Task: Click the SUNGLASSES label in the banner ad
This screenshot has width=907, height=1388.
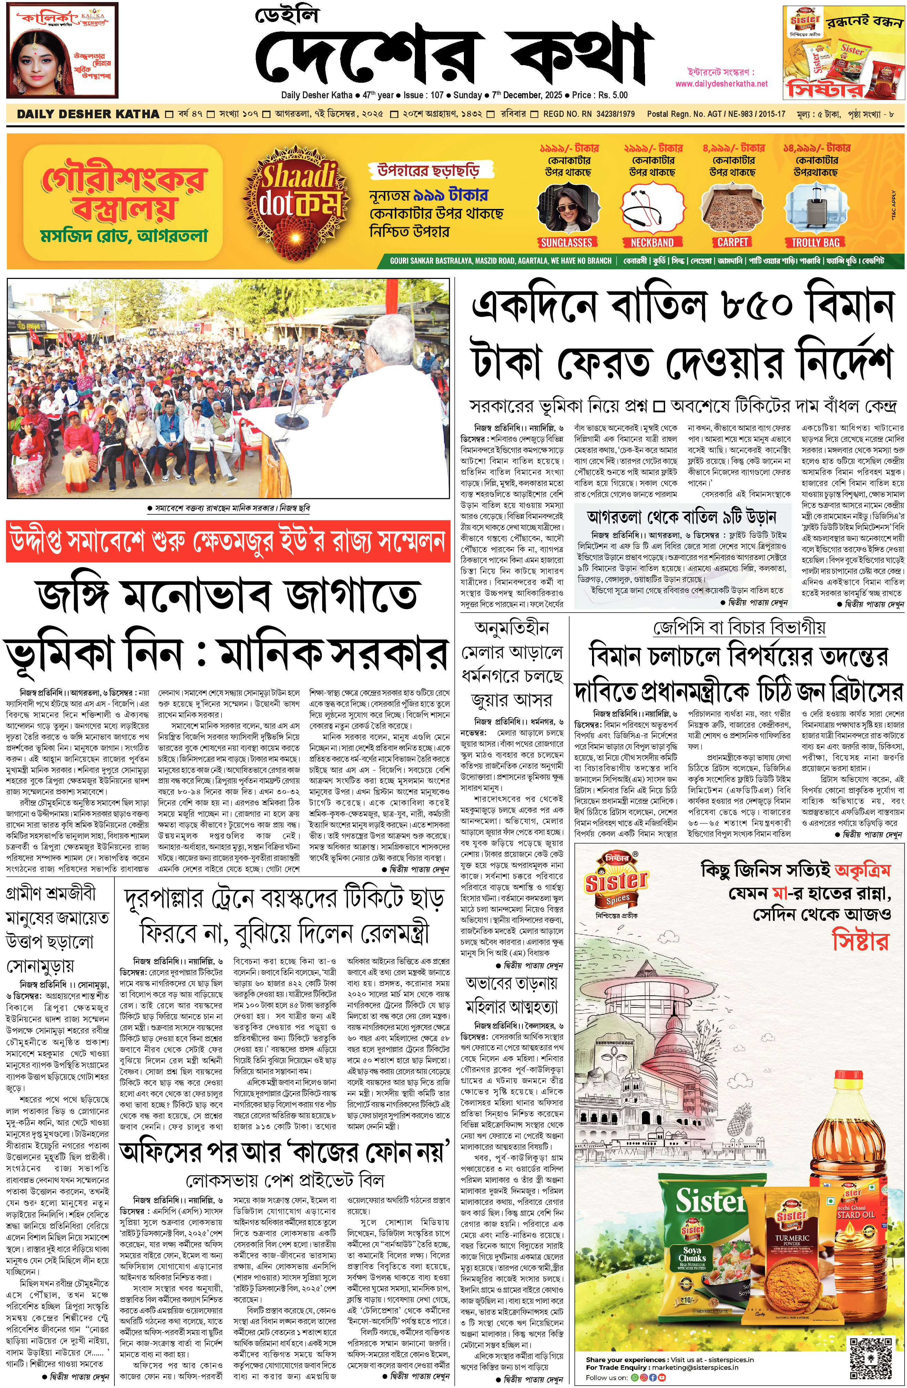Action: [x=566, y=242]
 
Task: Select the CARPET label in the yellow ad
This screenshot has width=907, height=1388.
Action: [x=732, y=242]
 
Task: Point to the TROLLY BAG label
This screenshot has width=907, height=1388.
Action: [x=815, y=242]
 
